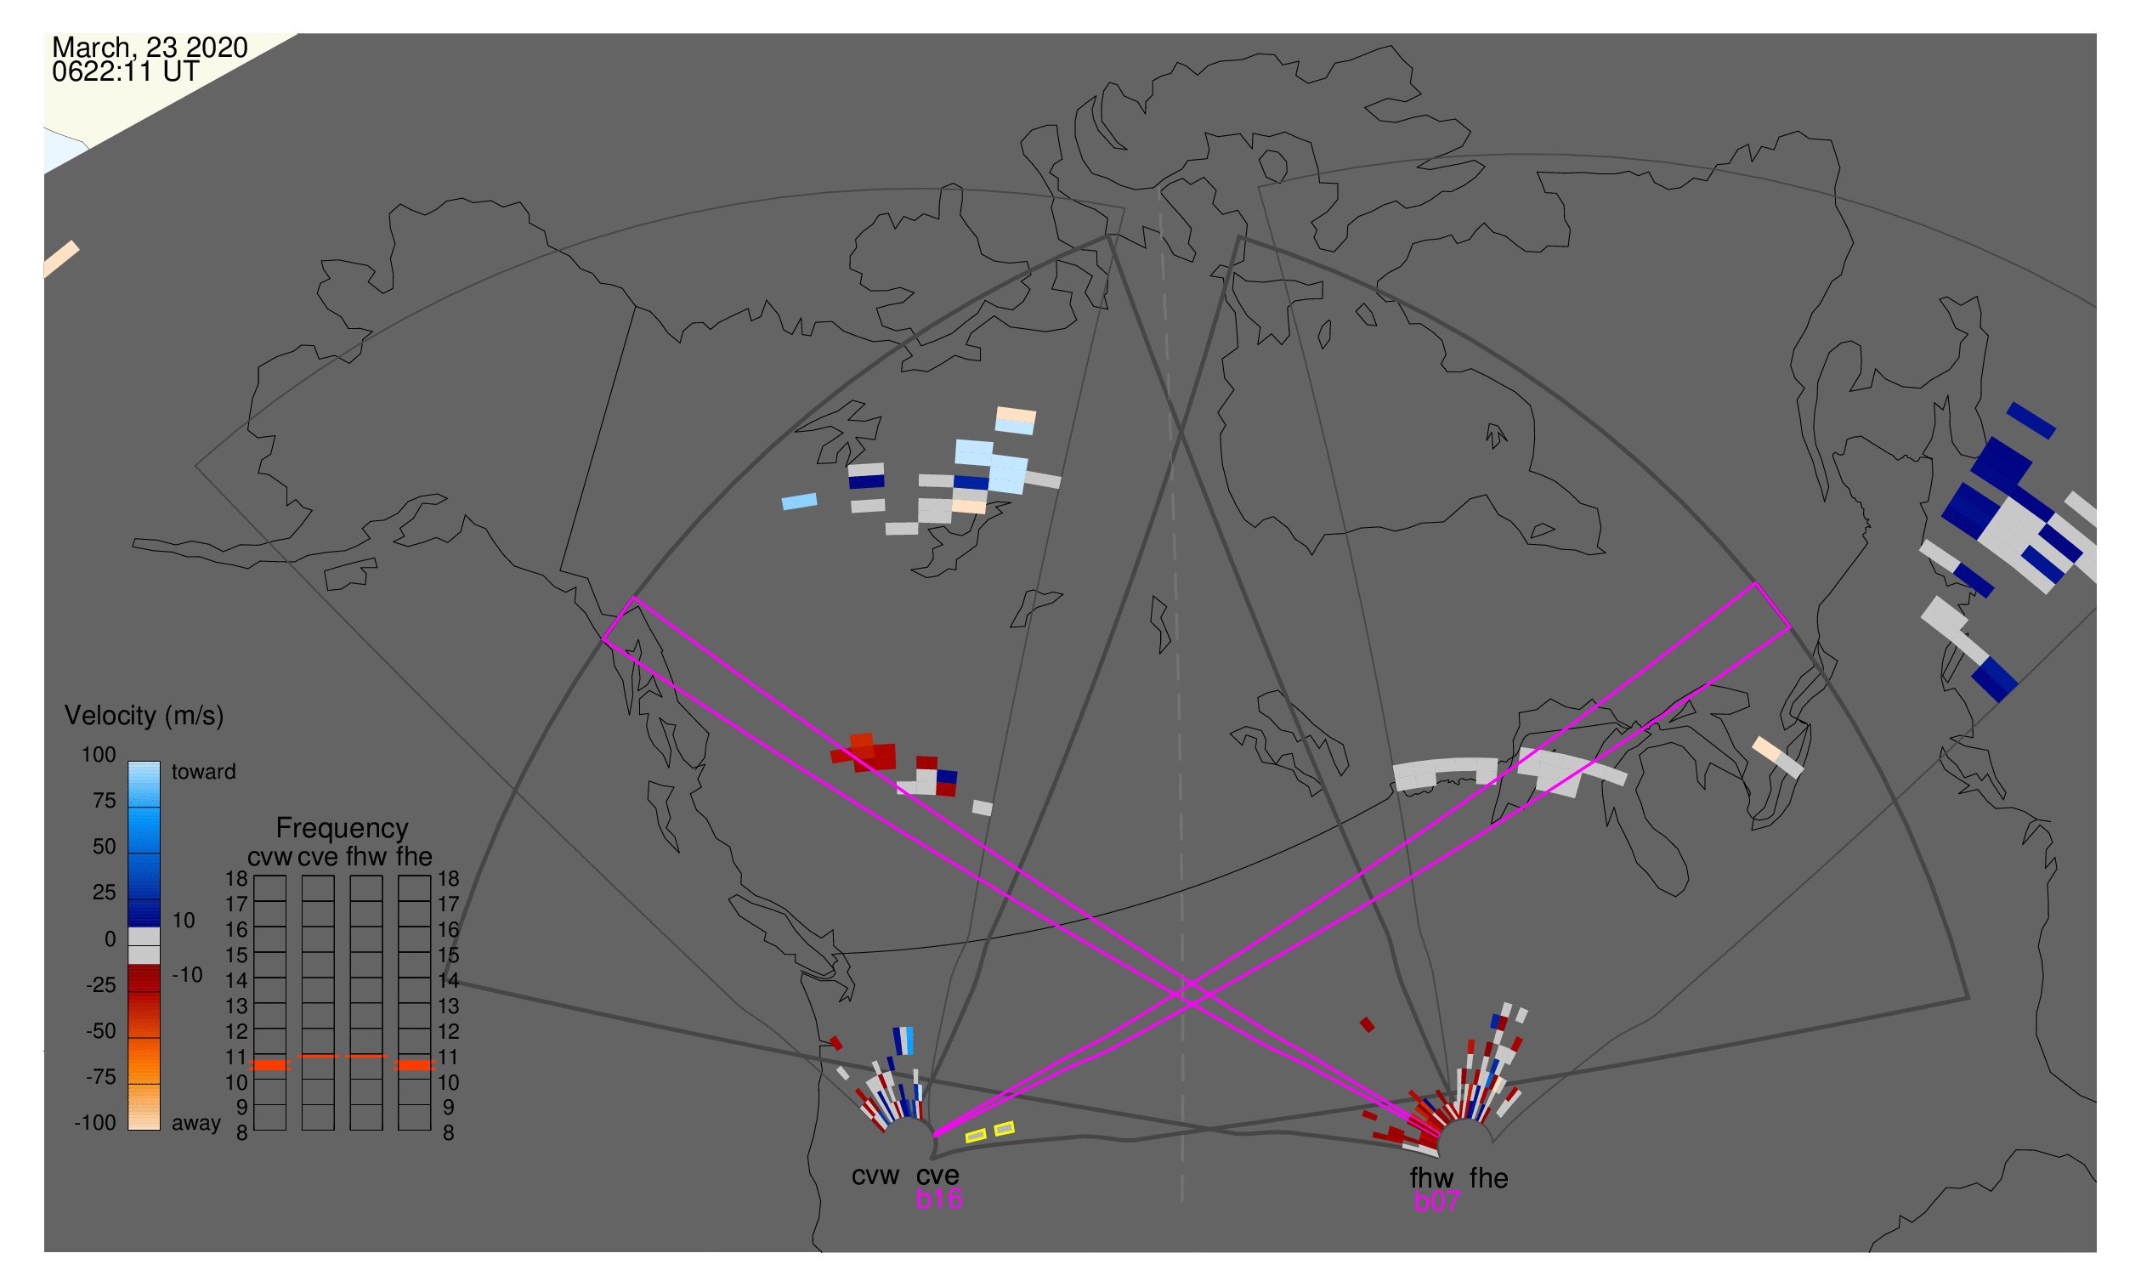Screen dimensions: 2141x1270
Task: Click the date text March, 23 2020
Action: (150, 48)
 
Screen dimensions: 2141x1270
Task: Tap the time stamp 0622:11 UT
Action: (126, 72)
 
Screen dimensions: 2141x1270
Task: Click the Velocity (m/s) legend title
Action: (144, 717)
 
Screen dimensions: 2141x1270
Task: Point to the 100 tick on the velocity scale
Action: (99, 755)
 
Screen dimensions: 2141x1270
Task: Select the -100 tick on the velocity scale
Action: (95, 1123)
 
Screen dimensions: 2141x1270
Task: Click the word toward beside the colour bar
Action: (204, 772)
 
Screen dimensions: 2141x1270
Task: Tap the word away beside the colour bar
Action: (196, 1124)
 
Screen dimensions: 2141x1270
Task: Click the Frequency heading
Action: (343, 829)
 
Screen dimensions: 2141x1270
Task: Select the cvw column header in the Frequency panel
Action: (270, 857)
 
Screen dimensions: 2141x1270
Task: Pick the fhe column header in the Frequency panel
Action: (414, 857)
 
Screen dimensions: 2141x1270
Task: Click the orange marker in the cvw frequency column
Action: (270, 1065)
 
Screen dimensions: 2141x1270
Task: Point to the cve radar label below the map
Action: (937, 1176)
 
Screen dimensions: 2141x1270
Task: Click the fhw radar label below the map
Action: (1432, 1178)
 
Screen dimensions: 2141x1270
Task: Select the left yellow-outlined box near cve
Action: (976, 1136)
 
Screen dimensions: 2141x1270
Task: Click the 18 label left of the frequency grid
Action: (236, 879)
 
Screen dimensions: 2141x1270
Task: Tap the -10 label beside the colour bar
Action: (187, 975)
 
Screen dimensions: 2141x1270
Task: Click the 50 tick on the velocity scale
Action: (104, 848)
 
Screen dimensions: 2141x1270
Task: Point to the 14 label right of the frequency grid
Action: (449, 981)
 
